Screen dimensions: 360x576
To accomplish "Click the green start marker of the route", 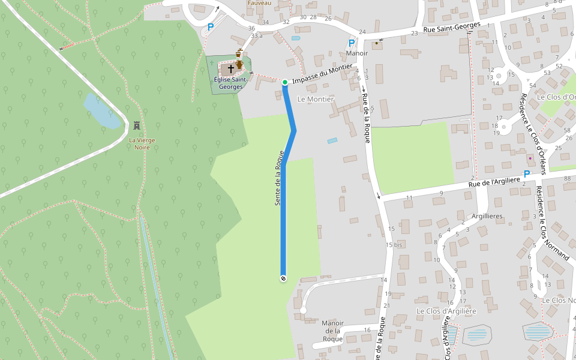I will click(285, 82).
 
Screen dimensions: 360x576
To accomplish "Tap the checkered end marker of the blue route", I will click(283, 278).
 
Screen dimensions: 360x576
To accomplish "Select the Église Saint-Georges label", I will click(230, 83).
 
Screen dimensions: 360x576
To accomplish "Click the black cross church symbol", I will click(230, 69).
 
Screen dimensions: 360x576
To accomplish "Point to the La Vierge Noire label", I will click(142, 143).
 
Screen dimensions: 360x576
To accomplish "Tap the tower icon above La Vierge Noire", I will click(137, 126).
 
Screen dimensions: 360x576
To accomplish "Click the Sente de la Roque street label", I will click(279, 178).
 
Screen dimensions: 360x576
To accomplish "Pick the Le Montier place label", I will click(315, 99).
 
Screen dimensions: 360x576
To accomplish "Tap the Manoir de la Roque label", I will click(332, 331).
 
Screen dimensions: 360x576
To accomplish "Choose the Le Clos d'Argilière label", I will click(446, 311).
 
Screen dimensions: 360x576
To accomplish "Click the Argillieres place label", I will click(487, 215).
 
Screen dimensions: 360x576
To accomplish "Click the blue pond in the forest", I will click(103, 112).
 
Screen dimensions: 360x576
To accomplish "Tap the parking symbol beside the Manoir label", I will click(351, 43).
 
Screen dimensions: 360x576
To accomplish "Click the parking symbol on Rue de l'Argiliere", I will click(527, 174).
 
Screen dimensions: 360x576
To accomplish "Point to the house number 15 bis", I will click(394, 245).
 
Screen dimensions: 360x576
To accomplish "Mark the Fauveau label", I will click(259, 3).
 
